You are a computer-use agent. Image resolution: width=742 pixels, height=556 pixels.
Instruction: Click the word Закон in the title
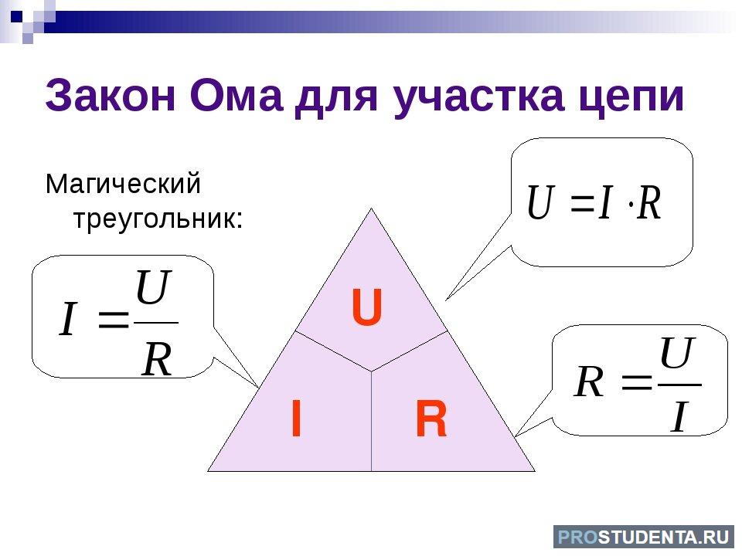click(111, 96)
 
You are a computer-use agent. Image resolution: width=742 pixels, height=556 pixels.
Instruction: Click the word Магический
click(123, 184)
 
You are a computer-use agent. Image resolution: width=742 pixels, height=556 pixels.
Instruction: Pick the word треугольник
click(158, 219)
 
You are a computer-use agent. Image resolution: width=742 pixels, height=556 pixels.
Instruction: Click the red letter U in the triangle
click(366, 308)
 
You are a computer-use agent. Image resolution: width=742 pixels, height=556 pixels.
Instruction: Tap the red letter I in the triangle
click(296, 418)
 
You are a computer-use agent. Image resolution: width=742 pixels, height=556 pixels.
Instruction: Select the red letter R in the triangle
click(431, 418)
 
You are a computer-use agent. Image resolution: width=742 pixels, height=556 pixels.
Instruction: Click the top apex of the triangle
click(371, 208)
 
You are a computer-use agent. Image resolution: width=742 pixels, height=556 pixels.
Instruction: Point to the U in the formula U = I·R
click(540, 202)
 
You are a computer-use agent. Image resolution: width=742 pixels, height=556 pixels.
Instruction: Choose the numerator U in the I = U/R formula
click(152, 286)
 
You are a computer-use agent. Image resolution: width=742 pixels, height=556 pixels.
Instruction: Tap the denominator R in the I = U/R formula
click(157, 359)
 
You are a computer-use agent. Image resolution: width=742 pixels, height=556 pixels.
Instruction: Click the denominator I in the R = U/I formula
click(678, 416)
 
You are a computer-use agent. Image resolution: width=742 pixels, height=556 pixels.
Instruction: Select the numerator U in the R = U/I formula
click(678, 352)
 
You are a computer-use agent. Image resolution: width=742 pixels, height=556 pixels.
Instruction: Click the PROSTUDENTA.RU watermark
click(644, 537)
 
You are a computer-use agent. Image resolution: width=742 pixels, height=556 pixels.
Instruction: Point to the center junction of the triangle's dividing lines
click(371, 371)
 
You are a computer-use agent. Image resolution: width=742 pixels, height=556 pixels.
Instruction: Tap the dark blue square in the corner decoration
click(16, 18)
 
